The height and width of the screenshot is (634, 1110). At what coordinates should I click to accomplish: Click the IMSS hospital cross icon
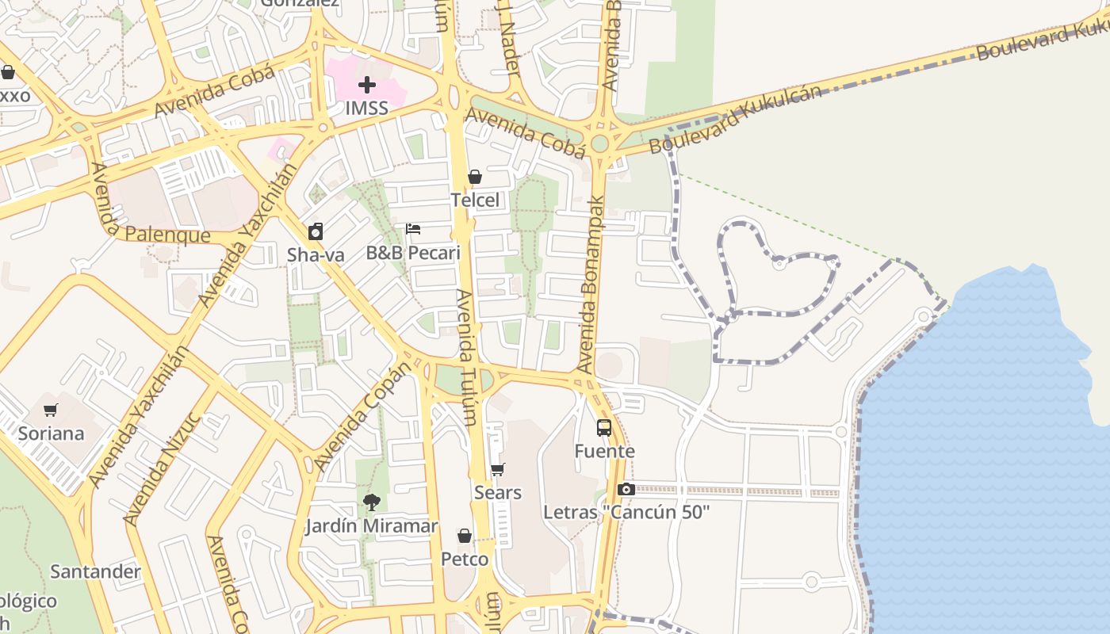[x=366, y=84]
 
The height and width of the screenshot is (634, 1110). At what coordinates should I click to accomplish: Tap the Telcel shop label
[x=475, y=201]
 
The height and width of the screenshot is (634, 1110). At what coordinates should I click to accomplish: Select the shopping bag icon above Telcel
[x=475, y=177]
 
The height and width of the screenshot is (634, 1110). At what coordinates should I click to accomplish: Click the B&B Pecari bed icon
[x=413, y=229]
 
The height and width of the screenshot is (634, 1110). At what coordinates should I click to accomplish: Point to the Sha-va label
[x=316, y=255]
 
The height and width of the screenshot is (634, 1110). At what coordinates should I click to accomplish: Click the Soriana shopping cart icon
[x=51, y=411]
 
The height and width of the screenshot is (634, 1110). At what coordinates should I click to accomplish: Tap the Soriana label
[x=51, y=433]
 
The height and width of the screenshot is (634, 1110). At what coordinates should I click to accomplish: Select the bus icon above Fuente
[x=604, y=428]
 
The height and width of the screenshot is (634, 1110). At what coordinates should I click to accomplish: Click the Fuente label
[x=604, y=451]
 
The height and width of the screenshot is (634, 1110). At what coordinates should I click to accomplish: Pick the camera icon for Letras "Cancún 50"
[x=626, y=489]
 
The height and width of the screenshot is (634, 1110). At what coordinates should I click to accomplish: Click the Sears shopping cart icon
[x=497, y=470]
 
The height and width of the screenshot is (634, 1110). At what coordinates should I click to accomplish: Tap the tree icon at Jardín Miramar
[x=371, y=502]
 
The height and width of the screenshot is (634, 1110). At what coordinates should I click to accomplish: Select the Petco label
[x=465, y=560]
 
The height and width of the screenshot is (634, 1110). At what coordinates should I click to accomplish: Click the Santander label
[x=95, y=571]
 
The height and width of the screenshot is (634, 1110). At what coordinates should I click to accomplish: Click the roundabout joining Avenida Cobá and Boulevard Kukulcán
[x=599, y=143]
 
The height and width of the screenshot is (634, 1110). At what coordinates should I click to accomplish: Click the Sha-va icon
[x=316, y=231]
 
